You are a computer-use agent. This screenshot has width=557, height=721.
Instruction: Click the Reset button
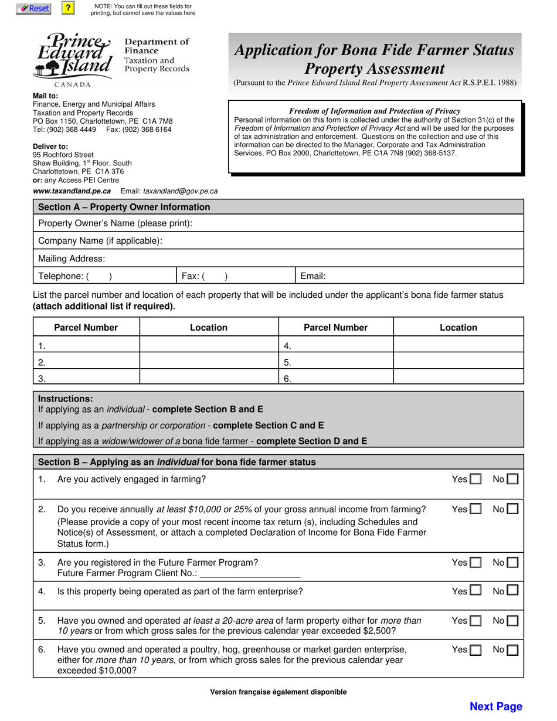point(33,8)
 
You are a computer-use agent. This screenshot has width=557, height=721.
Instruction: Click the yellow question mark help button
point(69,8)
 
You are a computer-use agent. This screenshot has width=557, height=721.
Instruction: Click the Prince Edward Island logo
point(74,56)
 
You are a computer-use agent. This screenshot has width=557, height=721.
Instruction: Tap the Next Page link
point(495,706)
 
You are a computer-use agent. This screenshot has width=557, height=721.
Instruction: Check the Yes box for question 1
point(476,479)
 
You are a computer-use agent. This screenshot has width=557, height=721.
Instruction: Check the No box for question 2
point(512,509)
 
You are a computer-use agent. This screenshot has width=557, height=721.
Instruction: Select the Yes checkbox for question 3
point(476,563)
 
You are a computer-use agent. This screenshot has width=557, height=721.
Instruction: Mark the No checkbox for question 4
point(512,591)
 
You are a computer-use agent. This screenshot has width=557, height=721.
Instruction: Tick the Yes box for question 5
point(476,621)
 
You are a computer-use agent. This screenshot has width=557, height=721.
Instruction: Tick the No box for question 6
point(512,649)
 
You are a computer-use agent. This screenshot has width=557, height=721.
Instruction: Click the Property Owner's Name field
point(352,223)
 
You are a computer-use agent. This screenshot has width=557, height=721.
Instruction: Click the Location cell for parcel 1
point(209,345)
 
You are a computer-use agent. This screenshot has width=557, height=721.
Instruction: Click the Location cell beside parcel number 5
point(458,361)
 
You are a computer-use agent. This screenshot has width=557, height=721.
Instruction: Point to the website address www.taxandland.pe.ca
point(72,191)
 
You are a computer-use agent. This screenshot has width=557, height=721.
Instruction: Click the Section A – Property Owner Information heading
point(124,207)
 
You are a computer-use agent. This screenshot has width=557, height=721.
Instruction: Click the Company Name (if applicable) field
point(352,241)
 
